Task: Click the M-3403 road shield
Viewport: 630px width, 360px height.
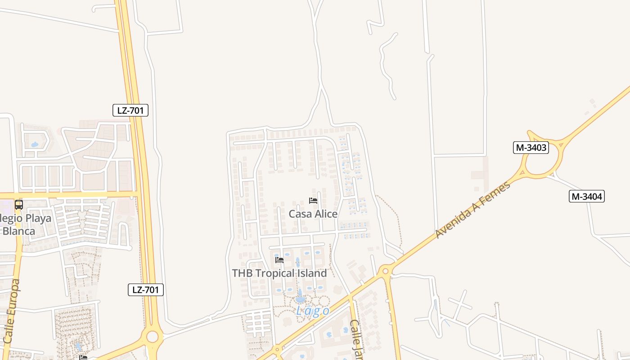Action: [x=531, y=148]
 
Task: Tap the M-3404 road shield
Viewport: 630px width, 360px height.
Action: [x=586, y=196]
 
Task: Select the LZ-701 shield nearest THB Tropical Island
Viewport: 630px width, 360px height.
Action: [x=145, y=290]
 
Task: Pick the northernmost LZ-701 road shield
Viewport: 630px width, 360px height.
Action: [x=130, y=110]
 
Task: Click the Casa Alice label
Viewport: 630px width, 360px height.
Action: [x=313, y=214]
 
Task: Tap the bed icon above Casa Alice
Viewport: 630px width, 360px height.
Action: [x=313, y=201]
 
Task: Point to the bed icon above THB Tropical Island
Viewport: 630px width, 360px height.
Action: [x=279, y=260]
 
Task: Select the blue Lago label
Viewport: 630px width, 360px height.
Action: [x=313, y=311]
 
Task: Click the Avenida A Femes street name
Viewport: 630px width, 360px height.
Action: [x=473, y=210]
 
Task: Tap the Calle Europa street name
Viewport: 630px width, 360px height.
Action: [x=11, y=310]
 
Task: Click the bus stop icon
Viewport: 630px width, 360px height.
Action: [x=19, y=205]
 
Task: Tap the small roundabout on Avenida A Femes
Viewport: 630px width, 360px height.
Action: [x=385, y=271]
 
